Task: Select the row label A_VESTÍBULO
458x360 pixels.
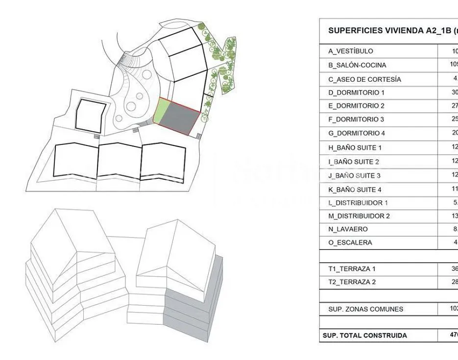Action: tap(350, 51)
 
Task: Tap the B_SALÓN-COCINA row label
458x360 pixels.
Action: tap(357, 65)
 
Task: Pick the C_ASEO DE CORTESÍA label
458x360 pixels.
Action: tap(364, 79)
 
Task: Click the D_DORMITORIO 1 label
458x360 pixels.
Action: tap(356, 92)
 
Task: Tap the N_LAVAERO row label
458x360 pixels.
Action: tap(348, 229)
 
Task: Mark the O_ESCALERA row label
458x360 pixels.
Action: tap(350, 242)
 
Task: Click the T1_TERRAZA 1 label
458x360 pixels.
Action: tap(352, 268)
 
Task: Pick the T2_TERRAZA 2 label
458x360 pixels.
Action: tap(352, 282)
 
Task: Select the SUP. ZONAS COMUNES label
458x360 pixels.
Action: tap(365, 309)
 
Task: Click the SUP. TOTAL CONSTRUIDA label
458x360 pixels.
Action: tap(364, 336)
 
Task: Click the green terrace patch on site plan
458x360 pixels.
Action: tap(161, 111)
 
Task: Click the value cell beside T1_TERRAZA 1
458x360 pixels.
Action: tap(449, 268)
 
